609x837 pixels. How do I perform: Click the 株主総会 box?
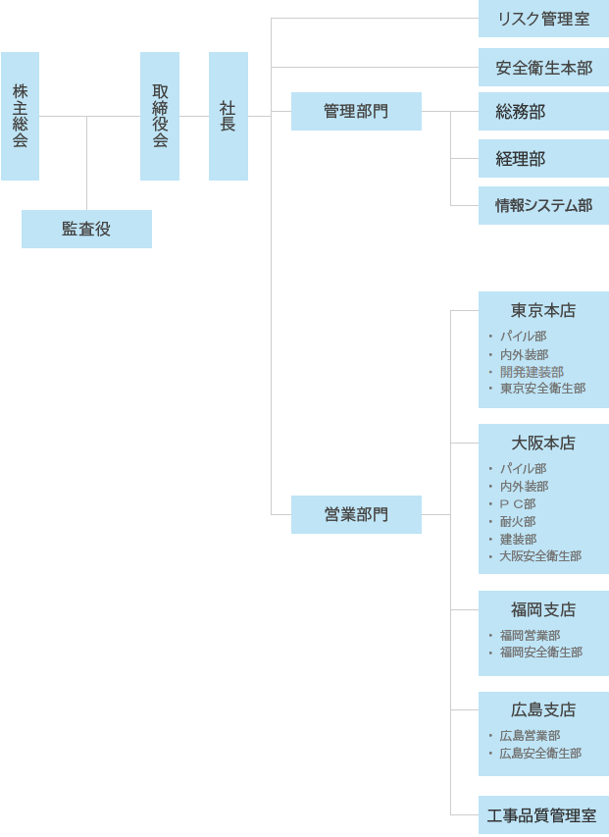pyautogui.click(x=20, y=116)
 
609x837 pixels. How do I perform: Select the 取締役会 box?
pyautogui.click(x=160, y=116)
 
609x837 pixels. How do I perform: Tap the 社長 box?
pyautogui.click(x=228, y=116)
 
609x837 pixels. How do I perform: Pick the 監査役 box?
pyautogui.click(x=86, y=229)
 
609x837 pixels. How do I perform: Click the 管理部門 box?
pyautogui.click(x=356, y=111)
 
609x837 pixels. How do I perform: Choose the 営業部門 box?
pyautogui.click(x=356, y=514)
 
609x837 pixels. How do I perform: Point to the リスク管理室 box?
pyautogui.click(x=543, y=19)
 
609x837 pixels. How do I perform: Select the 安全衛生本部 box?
pyautogui.click(x=543, y=68)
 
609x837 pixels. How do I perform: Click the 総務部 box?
pyautogui.click(x=543, y=111)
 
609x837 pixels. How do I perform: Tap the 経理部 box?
pyautogui.click(x=543, y=159)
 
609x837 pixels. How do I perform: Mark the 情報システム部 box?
pyautogui.click(x=543, y=205)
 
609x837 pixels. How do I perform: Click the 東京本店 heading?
pyautogui.click(x=543, y=310)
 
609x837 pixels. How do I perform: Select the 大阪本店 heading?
pyautogui.click(x=543, y=443)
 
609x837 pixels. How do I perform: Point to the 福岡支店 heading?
pyautogui.click(x=543, y=609)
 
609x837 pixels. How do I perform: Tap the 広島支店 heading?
pyautogui.click(x=543, y=709)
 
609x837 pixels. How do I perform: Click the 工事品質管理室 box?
pyautogui.click(x=543, y=815)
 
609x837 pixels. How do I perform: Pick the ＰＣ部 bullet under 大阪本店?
pyautogui.click(x=517, y=504)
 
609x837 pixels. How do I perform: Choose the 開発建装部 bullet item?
pyautogui.click(x=532, y=372)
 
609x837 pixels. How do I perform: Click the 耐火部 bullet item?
pyautogui.click(x=517, y=521)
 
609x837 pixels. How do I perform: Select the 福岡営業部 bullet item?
pyautogui.click(x=531, y=635)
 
